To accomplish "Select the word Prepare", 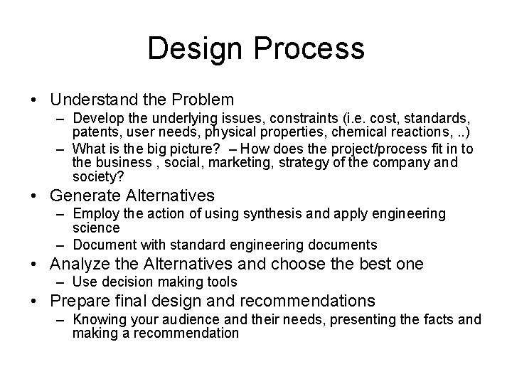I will click(82, 301).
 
